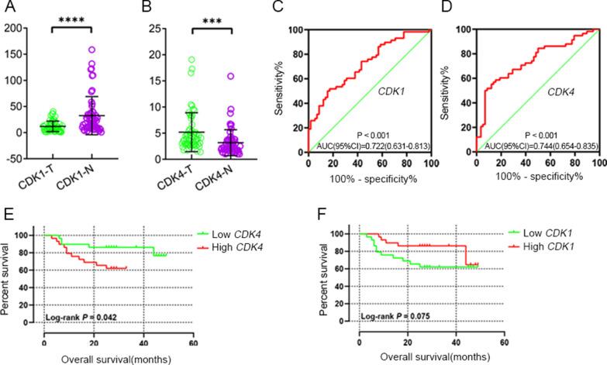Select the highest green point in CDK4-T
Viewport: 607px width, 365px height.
click(191, 60)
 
